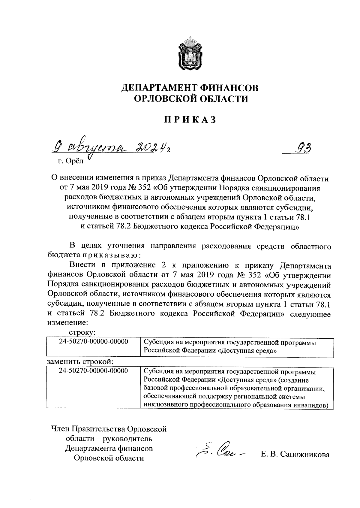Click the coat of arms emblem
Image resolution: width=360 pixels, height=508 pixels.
tap(189, 54)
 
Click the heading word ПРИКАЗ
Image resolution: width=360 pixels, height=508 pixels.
tap(189, 119)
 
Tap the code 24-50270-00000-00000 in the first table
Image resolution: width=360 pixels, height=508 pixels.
tap(93, 342)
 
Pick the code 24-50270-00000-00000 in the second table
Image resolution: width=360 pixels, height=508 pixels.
tap(93, 370)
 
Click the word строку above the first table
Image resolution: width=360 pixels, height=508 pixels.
tap(82, 332)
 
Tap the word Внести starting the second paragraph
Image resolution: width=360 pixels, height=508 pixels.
tap(82, 265)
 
